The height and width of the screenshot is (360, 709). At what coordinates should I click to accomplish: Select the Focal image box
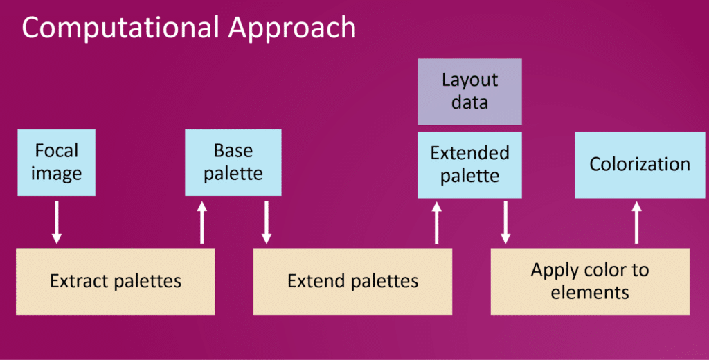click(x=57, y=163)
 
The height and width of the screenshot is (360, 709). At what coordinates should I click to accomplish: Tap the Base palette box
click(x=233, y=163)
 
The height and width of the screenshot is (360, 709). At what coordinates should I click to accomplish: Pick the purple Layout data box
click(x=469, y=91)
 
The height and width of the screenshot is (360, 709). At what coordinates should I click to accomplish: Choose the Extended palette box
click(x=469, y=165)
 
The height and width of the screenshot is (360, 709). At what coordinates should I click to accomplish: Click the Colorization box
click(x=640, y=165)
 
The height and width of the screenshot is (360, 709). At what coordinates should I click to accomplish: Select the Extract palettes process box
click(x=116, y=281)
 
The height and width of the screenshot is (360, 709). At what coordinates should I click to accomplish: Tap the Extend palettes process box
click(x=352, y=281)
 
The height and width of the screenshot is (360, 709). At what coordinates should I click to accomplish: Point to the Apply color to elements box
click(x=590, y=281)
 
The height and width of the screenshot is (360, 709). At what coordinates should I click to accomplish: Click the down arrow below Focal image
click(x=57, y=222)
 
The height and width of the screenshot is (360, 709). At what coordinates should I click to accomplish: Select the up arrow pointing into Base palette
click(x=202, y=222)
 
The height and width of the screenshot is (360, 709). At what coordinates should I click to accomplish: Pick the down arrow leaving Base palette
click(x=267, y=222)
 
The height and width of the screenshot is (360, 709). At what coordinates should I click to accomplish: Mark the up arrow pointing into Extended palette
click(x=436, y=222)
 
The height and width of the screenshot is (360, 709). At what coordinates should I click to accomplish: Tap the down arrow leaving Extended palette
click(x=505, y=222)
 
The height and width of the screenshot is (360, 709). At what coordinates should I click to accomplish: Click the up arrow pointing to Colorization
click(x=637, y=222)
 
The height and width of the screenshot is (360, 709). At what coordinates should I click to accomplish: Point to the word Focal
click(x=57, y=151)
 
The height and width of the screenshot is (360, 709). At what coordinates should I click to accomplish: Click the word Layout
click(x=469, y=80)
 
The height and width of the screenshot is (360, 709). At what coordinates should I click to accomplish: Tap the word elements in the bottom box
click(x=590, y=293)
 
